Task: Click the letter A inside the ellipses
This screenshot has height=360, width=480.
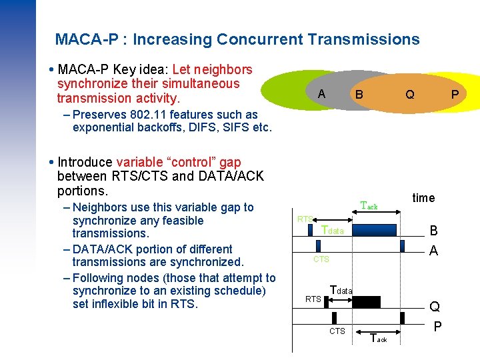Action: [322, 94]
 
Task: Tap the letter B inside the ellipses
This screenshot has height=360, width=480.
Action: [359, 95]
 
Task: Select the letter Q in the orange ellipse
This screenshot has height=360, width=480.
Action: [409, 95]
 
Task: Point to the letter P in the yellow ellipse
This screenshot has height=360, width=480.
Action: [455, 95]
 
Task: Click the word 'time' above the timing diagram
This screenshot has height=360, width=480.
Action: [423, 197]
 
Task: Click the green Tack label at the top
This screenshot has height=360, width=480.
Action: [369, 206]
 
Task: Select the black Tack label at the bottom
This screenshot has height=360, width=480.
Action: [378, 339]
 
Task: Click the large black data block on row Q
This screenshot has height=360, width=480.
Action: [366, 302]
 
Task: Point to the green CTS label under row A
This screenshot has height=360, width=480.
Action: [321, 259]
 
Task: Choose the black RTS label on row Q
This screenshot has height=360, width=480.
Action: [313, 299]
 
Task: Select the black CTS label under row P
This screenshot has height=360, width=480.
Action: [337, 331]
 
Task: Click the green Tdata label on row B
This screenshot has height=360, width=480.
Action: [333, 230]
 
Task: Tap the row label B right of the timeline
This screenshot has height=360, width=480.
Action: [433, 231]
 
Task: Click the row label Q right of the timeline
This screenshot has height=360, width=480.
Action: [435, 307]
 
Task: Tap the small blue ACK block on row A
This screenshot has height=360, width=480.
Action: [403, 245]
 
